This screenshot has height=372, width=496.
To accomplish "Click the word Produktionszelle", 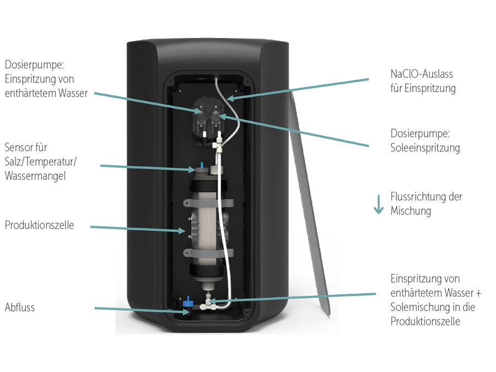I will click(39, 225).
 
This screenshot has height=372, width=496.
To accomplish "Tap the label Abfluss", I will click(20, 308).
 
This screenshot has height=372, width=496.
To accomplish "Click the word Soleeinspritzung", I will click(425, 148).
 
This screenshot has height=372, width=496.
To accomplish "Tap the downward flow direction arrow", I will click(378, 203).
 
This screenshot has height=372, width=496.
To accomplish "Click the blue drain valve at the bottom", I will click(187, 301).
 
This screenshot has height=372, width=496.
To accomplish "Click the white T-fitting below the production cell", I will click(209, 303).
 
